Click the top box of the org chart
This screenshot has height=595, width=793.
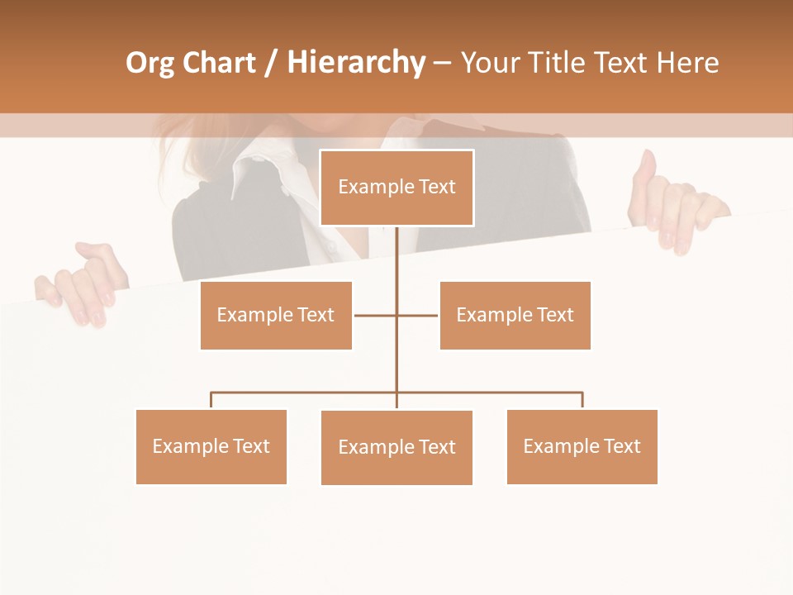[396, 188]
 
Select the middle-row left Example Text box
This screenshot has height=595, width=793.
[276, 315]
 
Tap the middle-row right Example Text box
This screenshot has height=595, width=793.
[515, 315]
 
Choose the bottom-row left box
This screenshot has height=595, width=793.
[211, 446]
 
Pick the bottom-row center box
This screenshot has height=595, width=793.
[396, 447]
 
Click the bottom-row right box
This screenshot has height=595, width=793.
[582, 446]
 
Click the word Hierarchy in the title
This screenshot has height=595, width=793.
[356, 63]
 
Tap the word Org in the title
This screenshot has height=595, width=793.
[150, 63]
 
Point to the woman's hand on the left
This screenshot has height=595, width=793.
[83, 285]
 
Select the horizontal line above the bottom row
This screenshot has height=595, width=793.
[306, 393]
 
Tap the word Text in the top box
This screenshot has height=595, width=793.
[437, 187]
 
